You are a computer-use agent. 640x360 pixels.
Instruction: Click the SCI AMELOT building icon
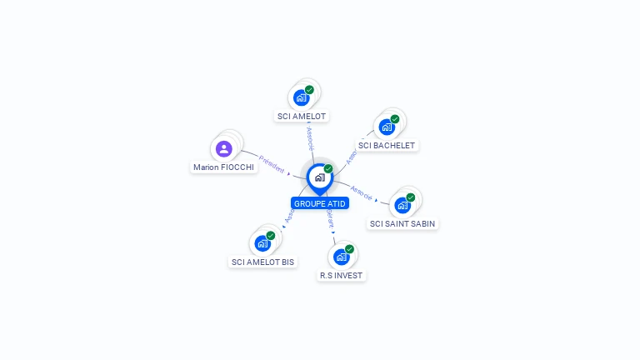click(302, 97)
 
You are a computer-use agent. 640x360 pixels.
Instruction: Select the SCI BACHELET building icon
click(386, 127)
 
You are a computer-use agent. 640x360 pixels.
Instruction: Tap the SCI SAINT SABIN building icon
click(402, 205)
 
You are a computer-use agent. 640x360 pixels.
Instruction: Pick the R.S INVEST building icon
click(341, 257)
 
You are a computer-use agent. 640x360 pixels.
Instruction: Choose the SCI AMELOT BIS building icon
click(262, 243)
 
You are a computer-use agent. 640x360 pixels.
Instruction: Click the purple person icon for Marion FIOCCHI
click(223, 149)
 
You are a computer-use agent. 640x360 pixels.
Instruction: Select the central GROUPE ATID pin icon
click(319, 177)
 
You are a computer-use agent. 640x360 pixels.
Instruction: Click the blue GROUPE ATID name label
click(319, 203)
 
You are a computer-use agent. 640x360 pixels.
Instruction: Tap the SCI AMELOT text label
click(302, 117)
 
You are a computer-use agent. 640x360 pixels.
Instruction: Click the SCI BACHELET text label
click(387, 146)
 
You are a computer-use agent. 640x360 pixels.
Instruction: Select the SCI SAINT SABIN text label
click(402, 223)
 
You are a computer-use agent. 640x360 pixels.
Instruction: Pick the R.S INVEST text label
click(342, 275)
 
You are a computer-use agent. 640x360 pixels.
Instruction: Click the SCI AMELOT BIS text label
click(263, 262)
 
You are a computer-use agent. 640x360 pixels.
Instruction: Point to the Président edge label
click(272, 162)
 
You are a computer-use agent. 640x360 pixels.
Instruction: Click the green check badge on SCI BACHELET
click(395, 119)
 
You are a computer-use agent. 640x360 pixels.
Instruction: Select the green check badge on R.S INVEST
click(349, 249)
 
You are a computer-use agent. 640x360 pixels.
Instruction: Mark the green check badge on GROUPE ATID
click(328, 169)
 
